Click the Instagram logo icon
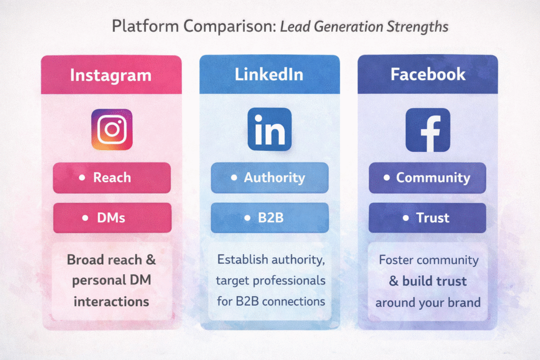[x=111, y=129]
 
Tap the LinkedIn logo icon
[x=269, y=129]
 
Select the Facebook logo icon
[x=428, y=130]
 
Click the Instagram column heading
[x=111, y=75]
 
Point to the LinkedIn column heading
[x=269, y=74]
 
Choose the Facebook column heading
[x=428, y=74]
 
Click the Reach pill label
[x=112, y=178]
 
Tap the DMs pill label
[x=112, y=218]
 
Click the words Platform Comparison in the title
[x=193, y=27]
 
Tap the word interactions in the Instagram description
[x=111, y=301]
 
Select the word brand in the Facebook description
[x=464, y=303]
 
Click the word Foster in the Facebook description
[x=397, y=260]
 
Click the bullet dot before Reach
[x=82, y=178]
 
